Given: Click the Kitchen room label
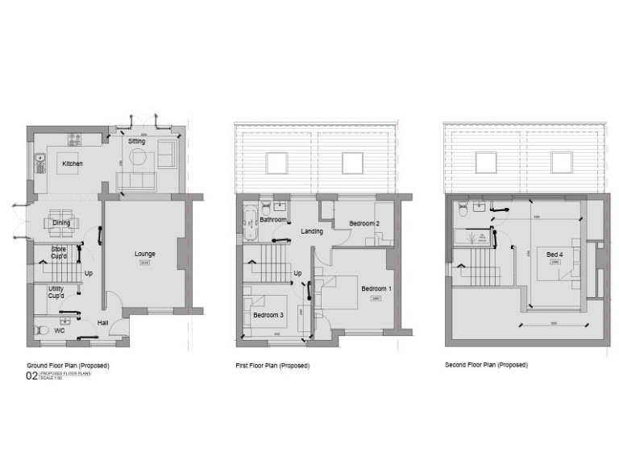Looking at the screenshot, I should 73,164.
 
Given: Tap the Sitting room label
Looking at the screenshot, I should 137,142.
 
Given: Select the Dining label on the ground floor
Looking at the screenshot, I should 61,223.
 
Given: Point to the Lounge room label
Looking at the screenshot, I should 145,254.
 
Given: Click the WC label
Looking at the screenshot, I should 59,330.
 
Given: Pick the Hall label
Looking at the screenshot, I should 103,323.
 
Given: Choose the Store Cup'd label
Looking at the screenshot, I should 58,253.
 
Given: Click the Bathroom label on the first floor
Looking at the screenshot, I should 273,219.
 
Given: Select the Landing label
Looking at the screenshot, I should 312,231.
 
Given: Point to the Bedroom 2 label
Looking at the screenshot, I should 364,223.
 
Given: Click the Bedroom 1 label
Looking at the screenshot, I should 376,288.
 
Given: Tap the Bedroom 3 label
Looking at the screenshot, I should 267,315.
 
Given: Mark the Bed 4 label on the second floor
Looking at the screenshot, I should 554,255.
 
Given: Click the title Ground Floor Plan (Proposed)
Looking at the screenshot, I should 68,366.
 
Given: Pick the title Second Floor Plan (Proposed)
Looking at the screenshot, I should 486,365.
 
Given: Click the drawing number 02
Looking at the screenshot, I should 32,376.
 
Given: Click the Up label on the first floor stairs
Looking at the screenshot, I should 297,273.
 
